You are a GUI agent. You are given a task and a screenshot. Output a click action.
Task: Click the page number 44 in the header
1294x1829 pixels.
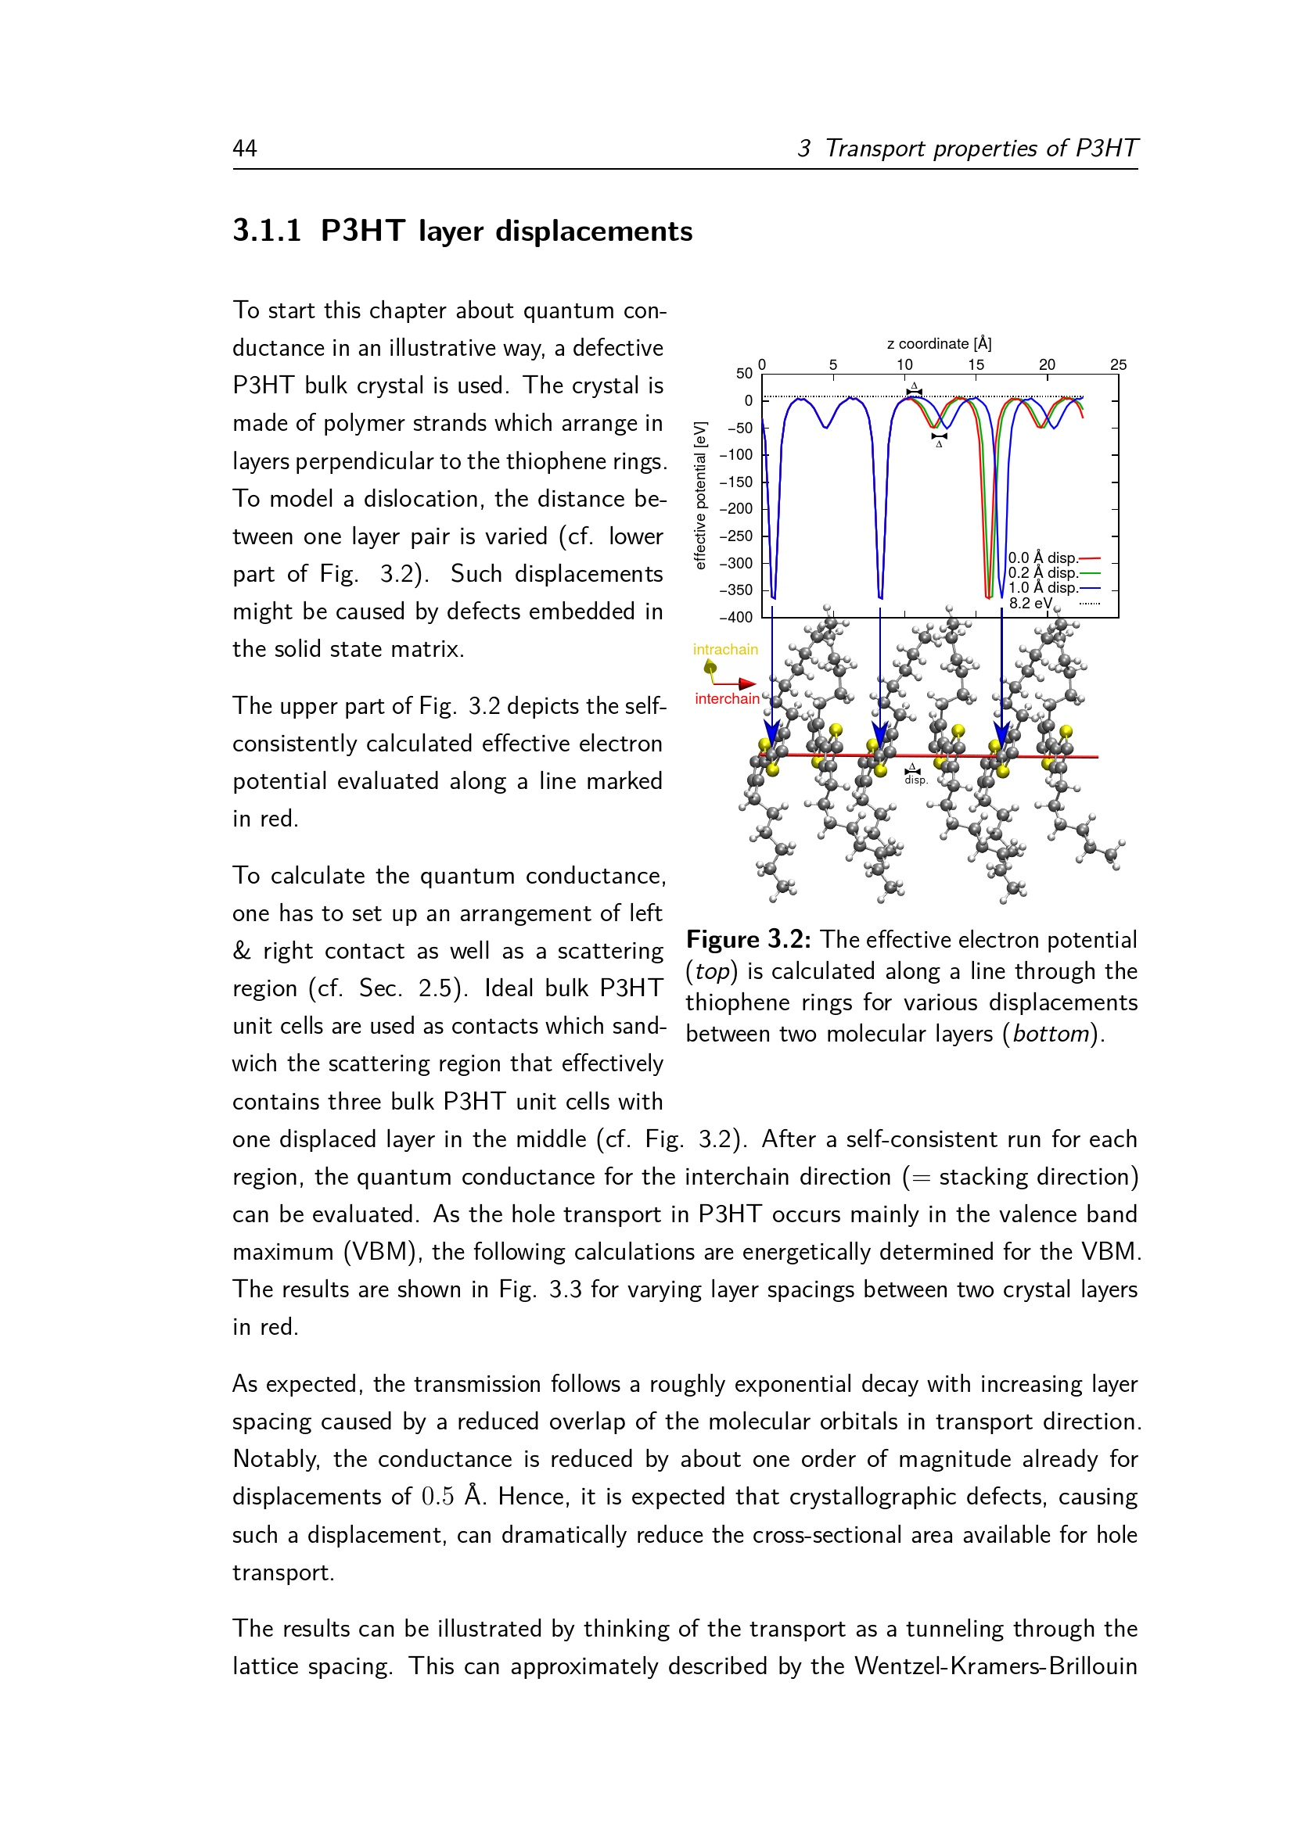pyautogui.click(x=245, y=149)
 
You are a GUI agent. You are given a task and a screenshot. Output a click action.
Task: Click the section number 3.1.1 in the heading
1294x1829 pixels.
pyautogui.click(x=267, y=231)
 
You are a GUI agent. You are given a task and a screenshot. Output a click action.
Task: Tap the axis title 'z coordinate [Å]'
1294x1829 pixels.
pyautogui.click(x=939, y=343)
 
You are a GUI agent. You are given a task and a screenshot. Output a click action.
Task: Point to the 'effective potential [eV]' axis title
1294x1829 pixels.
pyautogui.click(x=700, y=496)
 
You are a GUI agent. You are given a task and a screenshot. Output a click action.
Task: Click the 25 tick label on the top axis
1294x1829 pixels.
pyautogui.click(x=1118, y=365)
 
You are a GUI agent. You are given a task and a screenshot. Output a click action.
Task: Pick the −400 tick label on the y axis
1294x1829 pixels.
pyautogui.click(x=735, y=618)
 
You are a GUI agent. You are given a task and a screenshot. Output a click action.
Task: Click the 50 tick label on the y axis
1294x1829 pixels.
pyautogui.click(x=743, y=374)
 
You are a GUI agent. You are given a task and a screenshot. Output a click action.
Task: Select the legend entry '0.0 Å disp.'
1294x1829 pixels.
pyautogui.click(x=1042, y=558)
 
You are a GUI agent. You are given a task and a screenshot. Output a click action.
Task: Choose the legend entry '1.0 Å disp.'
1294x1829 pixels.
pyautogui.click(x=1042, y=588)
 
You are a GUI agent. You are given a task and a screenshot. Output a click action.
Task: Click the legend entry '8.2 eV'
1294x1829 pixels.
pyautogui.click(x=1030, y=603)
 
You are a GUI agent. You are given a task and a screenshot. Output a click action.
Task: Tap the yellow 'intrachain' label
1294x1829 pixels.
pyautogui.click(x=725, y=650)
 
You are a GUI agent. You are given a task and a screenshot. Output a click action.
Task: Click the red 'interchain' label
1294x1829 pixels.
pyautogui.click(x=727, y=699)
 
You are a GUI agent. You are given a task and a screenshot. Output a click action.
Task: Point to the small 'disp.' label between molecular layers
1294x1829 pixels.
pyautogui.click(x=915, y=780)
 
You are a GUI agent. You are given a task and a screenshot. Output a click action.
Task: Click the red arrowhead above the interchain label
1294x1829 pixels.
pyautogui.click(x=746, y=683)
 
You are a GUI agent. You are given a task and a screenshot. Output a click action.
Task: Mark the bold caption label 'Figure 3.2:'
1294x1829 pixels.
pyautogui.click(x=748, y=940)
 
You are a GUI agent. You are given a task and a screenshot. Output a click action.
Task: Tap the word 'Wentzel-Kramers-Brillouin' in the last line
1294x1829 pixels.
pyautogui.click(x=995, y=1666)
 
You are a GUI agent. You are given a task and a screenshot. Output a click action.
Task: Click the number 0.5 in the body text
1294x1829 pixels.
pyautogui.click(x=437, y=1497)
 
